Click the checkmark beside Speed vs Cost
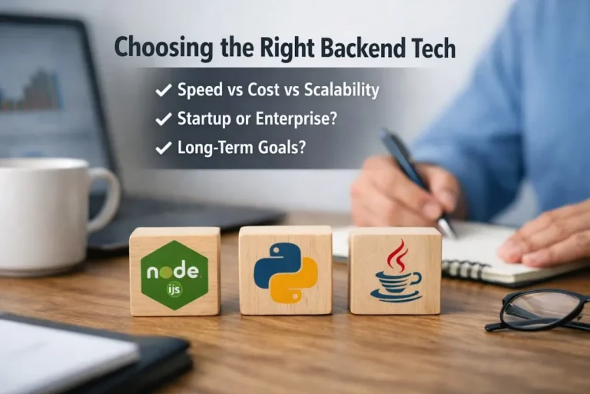(x=163, y=91)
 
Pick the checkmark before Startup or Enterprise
(x=163, y=119)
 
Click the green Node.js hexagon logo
(x=174, y=274)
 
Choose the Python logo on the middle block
(x=285, y=272)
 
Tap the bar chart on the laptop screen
(x=34, y=92)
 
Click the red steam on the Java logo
(x=396, y=254)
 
